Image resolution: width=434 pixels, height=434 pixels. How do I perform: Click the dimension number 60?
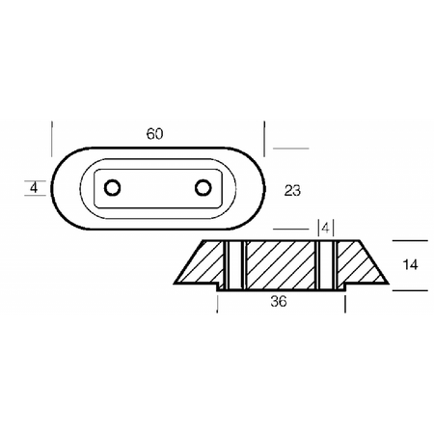154,134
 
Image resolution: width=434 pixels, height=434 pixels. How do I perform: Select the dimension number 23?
292,191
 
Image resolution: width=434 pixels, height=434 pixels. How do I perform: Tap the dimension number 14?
410,264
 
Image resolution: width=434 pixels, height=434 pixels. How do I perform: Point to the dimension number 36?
279,302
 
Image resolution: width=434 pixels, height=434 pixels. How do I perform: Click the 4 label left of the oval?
34,188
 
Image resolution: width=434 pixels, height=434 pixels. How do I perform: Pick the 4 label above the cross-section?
325,229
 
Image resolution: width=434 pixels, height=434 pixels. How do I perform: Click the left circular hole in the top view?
112,187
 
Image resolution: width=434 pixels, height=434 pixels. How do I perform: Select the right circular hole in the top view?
203,187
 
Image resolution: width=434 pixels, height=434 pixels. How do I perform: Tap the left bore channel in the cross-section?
234,264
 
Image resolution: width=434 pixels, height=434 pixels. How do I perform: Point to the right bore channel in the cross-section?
326,264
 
